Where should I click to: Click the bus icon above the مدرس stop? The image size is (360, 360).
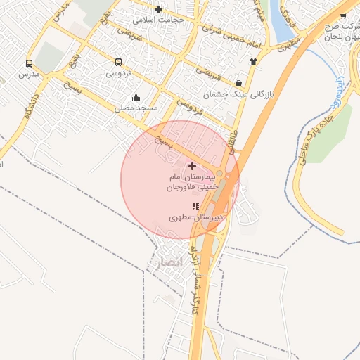coord(29,62)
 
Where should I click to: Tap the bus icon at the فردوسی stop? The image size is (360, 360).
coord(117,61)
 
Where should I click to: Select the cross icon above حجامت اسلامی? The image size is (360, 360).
coord(158,9)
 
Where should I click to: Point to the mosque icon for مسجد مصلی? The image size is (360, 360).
coord(135,97)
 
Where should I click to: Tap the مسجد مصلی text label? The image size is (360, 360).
coord(138,108)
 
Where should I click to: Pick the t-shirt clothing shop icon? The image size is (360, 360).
coord(253,60)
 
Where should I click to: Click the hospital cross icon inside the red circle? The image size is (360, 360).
coord(193,165)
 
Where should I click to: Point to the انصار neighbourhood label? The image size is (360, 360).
coord(165,262)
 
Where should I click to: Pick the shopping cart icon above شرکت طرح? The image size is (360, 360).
coord(343,16)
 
